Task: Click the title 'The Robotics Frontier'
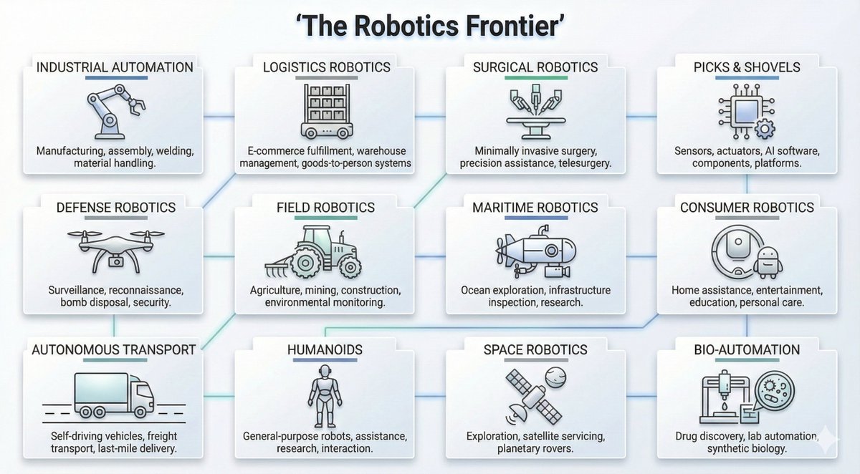click(429, 27)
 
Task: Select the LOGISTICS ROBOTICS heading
click(326, 67)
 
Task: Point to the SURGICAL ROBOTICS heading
click(535, 67)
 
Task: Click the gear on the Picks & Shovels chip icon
click(764, 130)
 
